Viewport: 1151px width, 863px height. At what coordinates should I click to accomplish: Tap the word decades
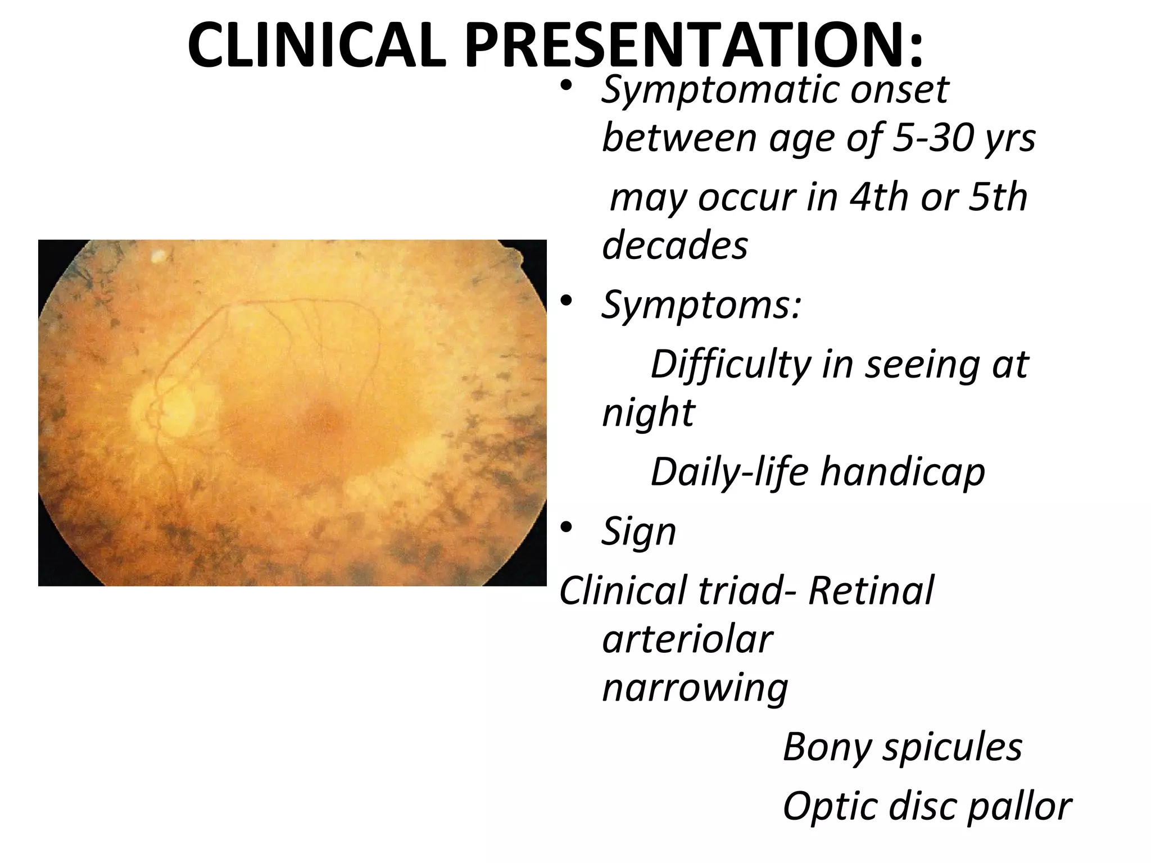tap(675, 246)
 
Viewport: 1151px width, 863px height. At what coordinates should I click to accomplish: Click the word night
tap(648, 413)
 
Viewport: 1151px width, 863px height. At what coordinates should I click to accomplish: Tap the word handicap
tap(902, 472)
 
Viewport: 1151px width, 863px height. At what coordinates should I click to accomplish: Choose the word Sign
tap(638, 532)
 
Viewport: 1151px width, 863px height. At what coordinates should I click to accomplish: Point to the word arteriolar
tap(687, 639)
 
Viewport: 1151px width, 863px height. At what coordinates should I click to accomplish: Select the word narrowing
tap(695, 688)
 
